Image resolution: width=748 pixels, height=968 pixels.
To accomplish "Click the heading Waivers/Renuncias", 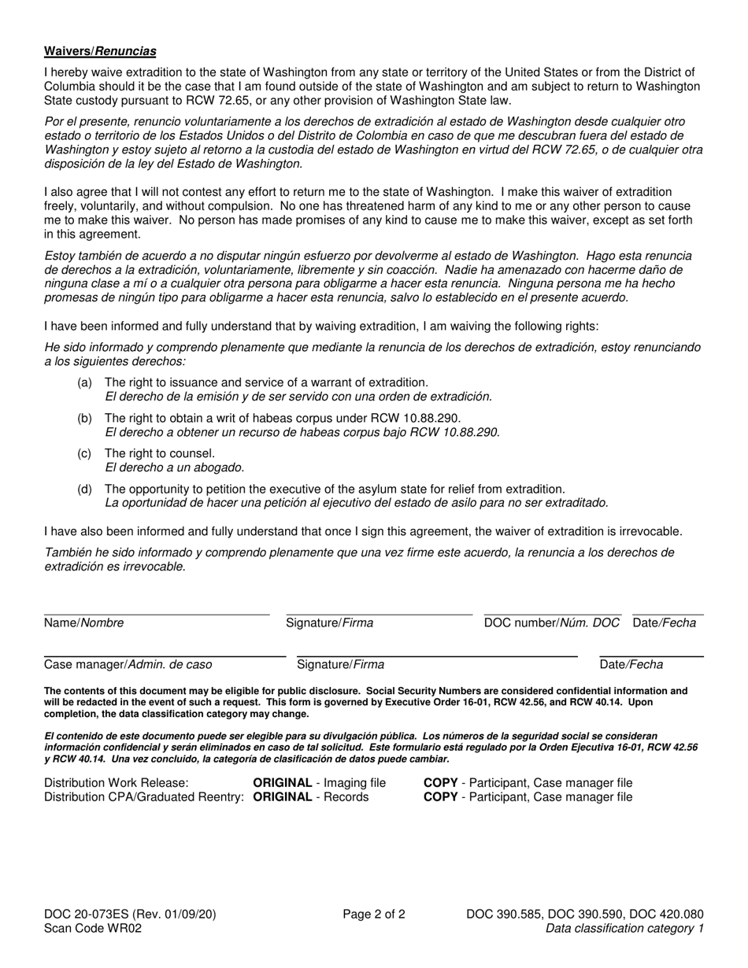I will tap(100, 51).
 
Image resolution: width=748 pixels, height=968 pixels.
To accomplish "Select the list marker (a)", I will tap(84, 382).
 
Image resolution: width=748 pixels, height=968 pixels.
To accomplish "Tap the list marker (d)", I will tap(84, 489).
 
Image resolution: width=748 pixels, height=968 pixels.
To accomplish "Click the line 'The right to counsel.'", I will tap(159, 453).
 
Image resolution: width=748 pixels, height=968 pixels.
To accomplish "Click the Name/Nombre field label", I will tap(83, 623).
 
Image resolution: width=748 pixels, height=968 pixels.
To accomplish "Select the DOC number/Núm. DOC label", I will tap(552, 623).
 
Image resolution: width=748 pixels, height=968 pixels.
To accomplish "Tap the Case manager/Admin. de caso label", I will tap(128, 664).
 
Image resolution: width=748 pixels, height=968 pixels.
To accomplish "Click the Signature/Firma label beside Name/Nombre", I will tap(329, 623).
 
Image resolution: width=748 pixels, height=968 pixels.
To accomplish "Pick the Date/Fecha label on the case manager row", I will tap(631, 664).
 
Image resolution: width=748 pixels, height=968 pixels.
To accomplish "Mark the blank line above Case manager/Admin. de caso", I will tap(165, 655).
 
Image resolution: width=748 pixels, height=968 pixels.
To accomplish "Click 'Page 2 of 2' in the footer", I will tap(374, 914).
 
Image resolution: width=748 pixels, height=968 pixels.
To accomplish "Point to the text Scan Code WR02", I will tap(94, 928).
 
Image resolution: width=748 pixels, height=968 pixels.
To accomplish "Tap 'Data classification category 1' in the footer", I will tap(624, 928).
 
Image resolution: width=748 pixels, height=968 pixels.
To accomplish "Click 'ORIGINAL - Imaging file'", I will tap(319, 782).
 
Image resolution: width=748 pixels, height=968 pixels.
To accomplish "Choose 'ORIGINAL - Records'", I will tap(310, 796).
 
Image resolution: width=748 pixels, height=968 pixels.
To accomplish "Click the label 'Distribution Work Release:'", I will tap(117, 782).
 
